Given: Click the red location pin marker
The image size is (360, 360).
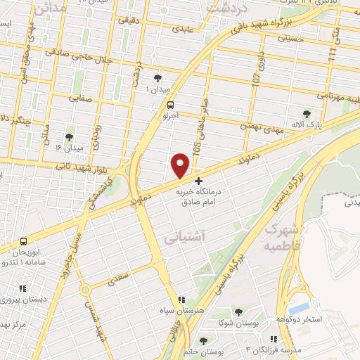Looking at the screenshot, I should [181, 165].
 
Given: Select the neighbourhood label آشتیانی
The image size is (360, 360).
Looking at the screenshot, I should [181, 240].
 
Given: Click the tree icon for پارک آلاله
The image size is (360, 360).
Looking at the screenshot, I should [306, 113].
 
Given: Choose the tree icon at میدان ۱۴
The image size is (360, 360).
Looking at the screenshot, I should [70, 136].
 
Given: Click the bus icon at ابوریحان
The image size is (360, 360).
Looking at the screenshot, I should [24, 241].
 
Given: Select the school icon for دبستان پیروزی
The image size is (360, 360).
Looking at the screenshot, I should [22, 288].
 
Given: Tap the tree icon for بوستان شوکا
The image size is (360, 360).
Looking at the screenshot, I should [239, 311].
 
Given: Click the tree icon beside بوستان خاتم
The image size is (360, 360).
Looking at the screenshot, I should [203, 340].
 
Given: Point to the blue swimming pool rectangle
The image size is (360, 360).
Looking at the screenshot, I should [299, 309].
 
